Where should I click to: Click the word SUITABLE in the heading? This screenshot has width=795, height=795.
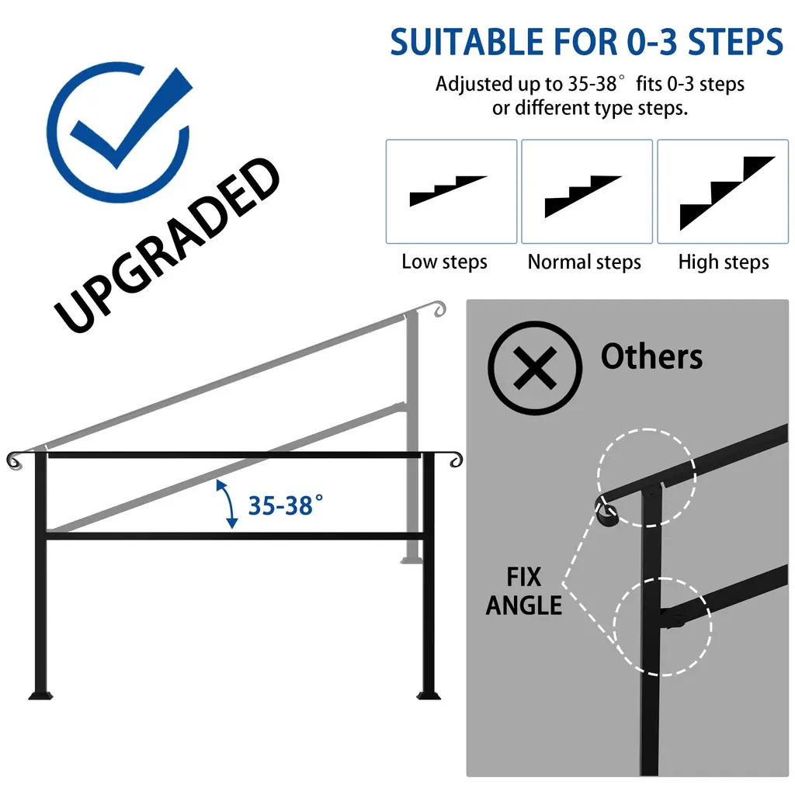pyautogui.click(x=467, y=42)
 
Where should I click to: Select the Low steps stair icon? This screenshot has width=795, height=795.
pyautogui.click(x=448, y=191)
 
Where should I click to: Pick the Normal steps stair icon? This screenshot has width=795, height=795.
pyautogui.click(x=583, y=196)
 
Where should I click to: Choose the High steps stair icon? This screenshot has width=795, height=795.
pyautogui.click(x=727, y=193)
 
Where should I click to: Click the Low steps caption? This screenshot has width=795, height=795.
pyautogui.click(x=444, y=262)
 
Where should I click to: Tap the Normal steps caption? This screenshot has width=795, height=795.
pyautogui.click(x=584, y=262)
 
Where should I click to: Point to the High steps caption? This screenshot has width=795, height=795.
pyautogui.click(x=724, y=262)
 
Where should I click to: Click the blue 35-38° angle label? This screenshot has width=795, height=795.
pyautogui.click(x=285, y=505)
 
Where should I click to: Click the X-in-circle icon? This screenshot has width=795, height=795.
pyautogui.click(x=535, y=368)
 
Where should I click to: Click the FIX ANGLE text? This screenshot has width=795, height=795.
pyautogui.click(x=524, y=591)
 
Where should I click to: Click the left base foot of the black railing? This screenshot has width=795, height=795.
pyautogui.click(x=40, y=694)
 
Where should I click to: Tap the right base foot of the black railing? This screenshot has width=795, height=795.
pyautogui.click(x=429, y=694)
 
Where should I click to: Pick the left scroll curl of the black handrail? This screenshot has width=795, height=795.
pyautogui.click(x=14, y=460)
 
